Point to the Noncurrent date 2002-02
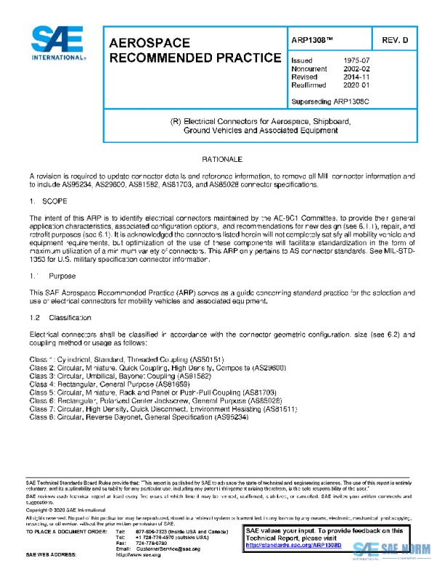pos(355,69)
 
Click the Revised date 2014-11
pos(355,77)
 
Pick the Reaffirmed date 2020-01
pos(355,85)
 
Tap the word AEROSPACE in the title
pos(149,43)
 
